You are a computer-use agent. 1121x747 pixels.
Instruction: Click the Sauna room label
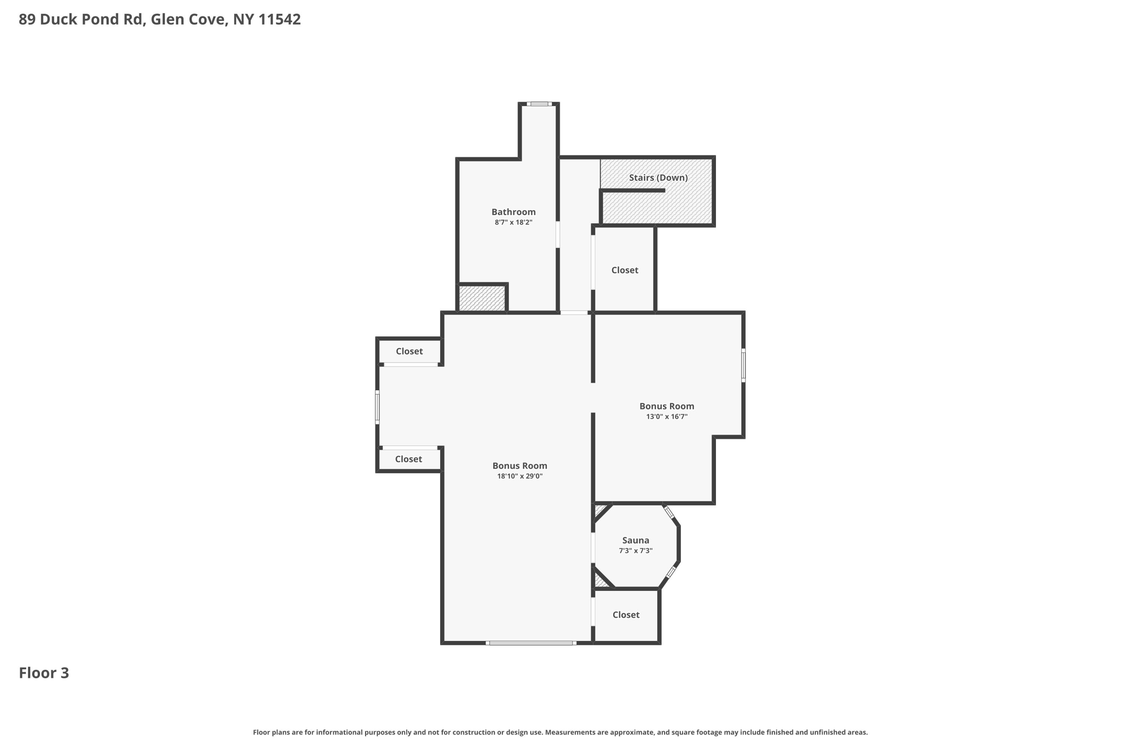tap(635, 540)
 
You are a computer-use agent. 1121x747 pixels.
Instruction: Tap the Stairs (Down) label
tap(658, 177)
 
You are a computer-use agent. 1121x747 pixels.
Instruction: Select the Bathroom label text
tap(513, 212)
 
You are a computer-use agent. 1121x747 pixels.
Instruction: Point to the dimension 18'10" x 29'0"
tap(519, 476)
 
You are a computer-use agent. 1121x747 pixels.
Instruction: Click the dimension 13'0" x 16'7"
tap(667, 416)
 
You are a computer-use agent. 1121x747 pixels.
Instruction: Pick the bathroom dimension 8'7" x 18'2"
tap(513, 222)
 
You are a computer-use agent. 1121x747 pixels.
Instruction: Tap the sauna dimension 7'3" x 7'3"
tap(635, 551)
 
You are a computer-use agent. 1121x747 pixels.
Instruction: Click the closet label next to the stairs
tap(625, 270)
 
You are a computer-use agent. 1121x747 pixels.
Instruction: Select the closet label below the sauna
tap(626, 615)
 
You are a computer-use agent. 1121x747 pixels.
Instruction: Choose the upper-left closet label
tap(409, 351)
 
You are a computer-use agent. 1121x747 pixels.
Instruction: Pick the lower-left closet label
tap(408, 459)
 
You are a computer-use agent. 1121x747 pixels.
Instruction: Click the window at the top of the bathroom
tap(539, 104)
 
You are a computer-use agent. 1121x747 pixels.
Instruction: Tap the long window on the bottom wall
tap(531, 643)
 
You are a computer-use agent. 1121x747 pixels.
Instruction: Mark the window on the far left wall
tap(377, 407)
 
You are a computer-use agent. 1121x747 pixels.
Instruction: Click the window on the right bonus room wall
tap(743, 365)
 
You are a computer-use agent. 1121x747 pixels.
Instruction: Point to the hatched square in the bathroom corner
tap(482, 298)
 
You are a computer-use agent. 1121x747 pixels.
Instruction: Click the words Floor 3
tap(44, 673)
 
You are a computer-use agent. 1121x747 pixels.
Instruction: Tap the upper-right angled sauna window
tap(669, 513)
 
